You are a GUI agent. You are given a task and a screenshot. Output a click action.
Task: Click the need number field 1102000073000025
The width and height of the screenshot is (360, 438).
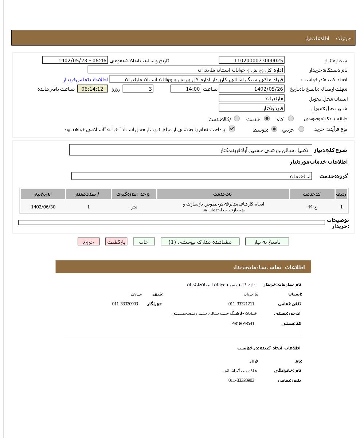click(x=251, y=60)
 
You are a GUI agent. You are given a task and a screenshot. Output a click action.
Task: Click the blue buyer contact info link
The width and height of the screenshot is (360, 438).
click(x=86, y=79)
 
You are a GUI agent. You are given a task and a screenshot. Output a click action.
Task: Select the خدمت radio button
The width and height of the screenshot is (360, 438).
click(x=267, y=118)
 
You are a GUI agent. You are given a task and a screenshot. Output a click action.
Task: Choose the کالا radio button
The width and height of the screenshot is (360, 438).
click(x=291, y=118)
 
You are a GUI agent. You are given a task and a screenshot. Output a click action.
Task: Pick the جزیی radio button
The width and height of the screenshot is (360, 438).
click(x=301, y=129)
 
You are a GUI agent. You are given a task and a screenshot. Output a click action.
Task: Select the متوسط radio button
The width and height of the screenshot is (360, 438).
click(x=274, y=129)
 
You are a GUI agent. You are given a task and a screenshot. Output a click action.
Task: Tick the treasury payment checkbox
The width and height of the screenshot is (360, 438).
click(x=232, y=129)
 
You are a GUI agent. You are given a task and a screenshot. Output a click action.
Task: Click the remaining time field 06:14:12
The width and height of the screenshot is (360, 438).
click(x=93, y=89)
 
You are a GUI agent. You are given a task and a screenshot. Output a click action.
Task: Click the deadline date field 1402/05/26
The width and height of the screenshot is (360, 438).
click(x=251, y=89)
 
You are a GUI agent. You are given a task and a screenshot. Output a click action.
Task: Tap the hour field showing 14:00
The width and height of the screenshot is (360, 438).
click(x=185, y=89)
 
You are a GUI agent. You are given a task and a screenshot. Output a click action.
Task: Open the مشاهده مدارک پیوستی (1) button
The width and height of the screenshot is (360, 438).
click(x=200, y=242)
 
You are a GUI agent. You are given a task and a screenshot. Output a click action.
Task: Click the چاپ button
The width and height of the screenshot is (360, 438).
click(x=144, y=242)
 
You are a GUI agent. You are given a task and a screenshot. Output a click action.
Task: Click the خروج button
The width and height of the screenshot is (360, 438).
click(x=89, y=242)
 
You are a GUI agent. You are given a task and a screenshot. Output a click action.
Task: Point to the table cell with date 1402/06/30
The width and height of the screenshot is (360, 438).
click(x=43, y=207)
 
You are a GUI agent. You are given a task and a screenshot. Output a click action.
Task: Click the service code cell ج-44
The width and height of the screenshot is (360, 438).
click(x=312, y=207)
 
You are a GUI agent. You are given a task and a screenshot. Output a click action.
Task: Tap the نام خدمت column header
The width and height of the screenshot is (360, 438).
click(x=223, y=194)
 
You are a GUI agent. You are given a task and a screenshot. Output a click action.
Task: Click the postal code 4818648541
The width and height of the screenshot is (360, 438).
click(x=243, y=324)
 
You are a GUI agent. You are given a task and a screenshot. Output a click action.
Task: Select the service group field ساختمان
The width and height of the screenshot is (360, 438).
click(x=191, y=176)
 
